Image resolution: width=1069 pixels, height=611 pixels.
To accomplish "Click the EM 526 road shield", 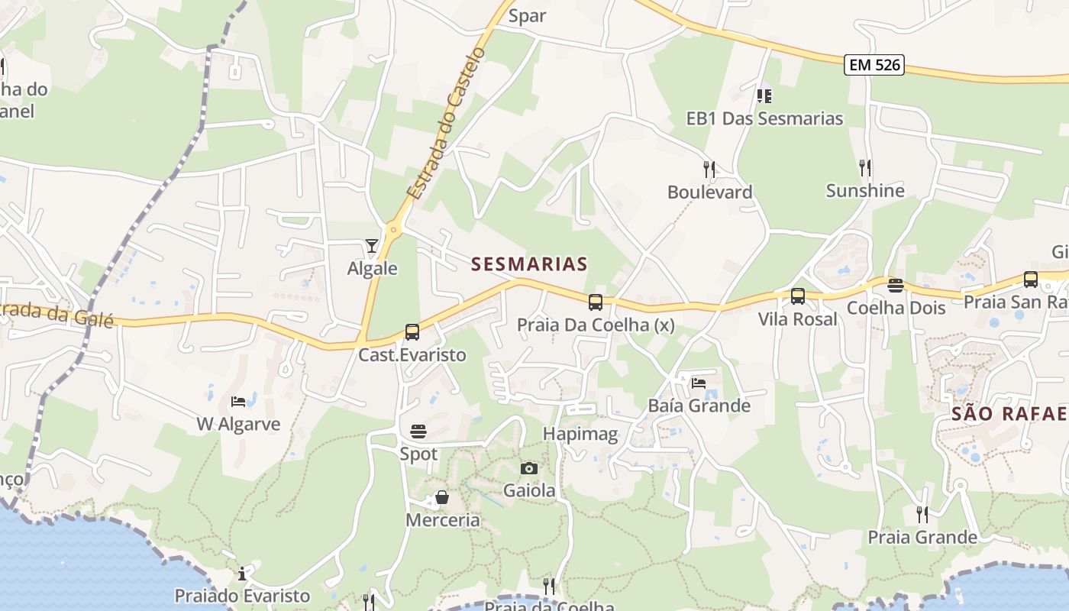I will pyautogui.click(x=874, y=65).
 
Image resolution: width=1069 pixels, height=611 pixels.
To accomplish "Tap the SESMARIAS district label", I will pyautogui.click(x=529, y=264).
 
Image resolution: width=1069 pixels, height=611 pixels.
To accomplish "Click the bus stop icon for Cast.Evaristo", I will pyautogui.click(x=412, y=332).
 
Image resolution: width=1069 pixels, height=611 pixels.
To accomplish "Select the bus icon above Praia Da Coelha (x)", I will pyautogui.click(x=596, y=302).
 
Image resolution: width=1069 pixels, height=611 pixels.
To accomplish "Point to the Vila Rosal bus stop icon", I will pyautogui.click(x=798, y=296).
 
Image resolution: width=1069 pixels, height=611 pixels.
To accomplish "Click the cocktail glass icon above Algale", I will pyautogui.click(x=372, y=245).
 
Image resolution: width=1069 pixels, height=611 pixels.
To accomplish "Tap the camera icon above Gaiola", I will pyautogui.click(x=529, y=468).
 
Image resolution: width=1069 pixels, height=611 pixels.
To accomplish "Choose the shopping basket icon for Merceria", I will pyautogui.click(x=442, y=498).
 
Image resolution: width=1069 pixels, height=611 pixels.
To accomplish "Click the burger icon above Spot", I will pyautogui.click(x=418, y=432).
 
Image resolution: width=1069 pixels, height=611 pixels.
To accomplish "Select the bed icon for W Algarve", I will pyautogui.click(x=238, y=402).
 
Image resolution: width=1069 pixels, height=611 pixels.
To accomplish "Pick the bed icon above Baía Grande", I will pyautogui.click(x=699, y=383).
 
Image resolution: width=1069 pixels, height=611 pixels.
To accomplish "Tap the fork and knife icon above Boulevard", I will pyautogui.click(x=710, y=169).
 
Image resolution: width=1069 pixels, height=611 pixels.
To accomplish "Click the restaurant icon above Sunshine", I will pyautogui.click(x=865, y=167).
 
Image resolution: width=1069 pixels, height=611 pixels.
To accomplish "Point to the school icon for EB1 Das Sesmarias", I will pyautogui.click(x=764, y=95).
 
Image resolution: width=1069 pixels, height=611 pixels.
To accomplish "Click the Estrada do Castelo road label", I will pyautogui.click(x=446, y=124).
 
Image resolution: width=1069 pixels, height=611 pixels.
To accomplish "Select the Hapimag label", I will pyautogui.click(x=580, y=434).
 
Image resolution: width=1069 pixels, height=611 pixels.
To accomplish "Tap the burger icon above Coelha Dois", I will pyautogui.click(x=896, y=286).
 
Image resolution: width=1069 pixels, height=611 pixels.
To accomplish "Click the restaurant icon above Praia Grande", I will pyautogui.click(x=922, y=515).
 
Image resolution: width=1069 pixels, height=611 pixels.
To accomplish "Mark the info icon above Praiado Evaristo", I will pyautogui.click(x=242, y=574).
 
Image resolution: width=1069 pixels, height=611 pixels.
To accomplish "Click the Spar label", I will pyautogui.click(x=527, y=15).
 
